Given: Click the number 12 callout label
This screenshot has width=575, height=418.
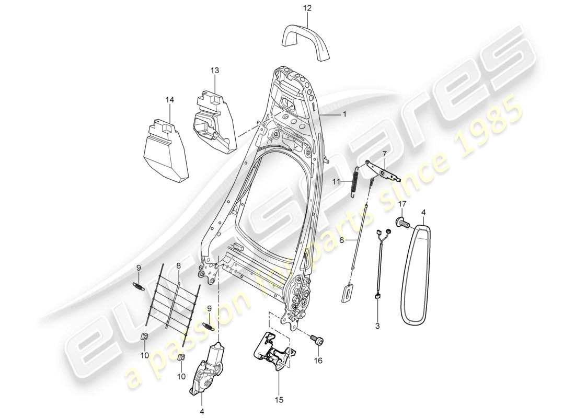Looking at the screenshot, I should pyautogui.click(x=307, y=8).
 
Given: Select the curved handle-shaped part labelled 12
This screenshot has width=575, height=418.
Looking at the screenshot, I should pyautogui.click(x=307, y=39).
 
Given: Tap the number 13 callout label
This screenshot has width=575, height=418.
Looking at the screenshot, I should pyautogui.click(x=215, y=70).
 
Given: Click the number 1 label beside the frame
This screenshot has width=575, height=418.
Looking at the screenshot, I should pyautogui.click(x=344, y=113).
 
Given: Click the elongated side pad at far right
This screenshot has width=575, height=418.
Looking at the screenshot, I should pyautogui.click(x=421, y=271).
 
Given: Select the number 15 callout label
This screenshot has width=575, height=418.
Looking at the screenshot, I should pyautogui.click(x=279, y=400).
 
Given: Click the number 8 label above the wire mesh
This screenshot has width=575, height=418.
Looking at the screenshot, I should pyautogui.click(x=178, y=266).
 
